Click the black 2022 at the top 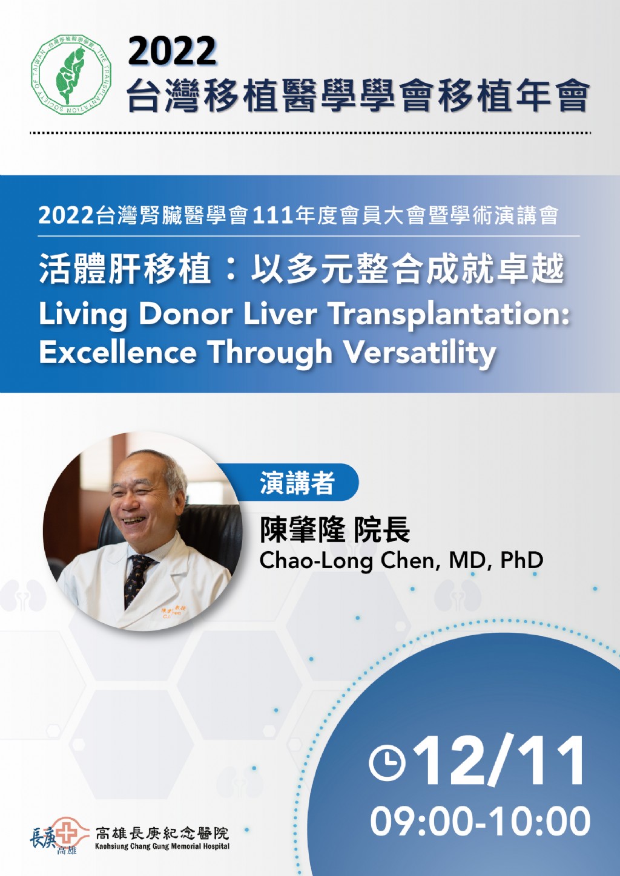[x=172, y=51]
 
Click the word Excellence [x=118, y=352]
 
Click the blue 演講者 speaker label [x=297, y=482]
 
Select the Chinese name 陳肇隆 [x=302, y=531]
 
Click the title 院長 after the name [x=381, y=531]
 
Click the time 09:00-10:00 [x=480, y=820]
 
